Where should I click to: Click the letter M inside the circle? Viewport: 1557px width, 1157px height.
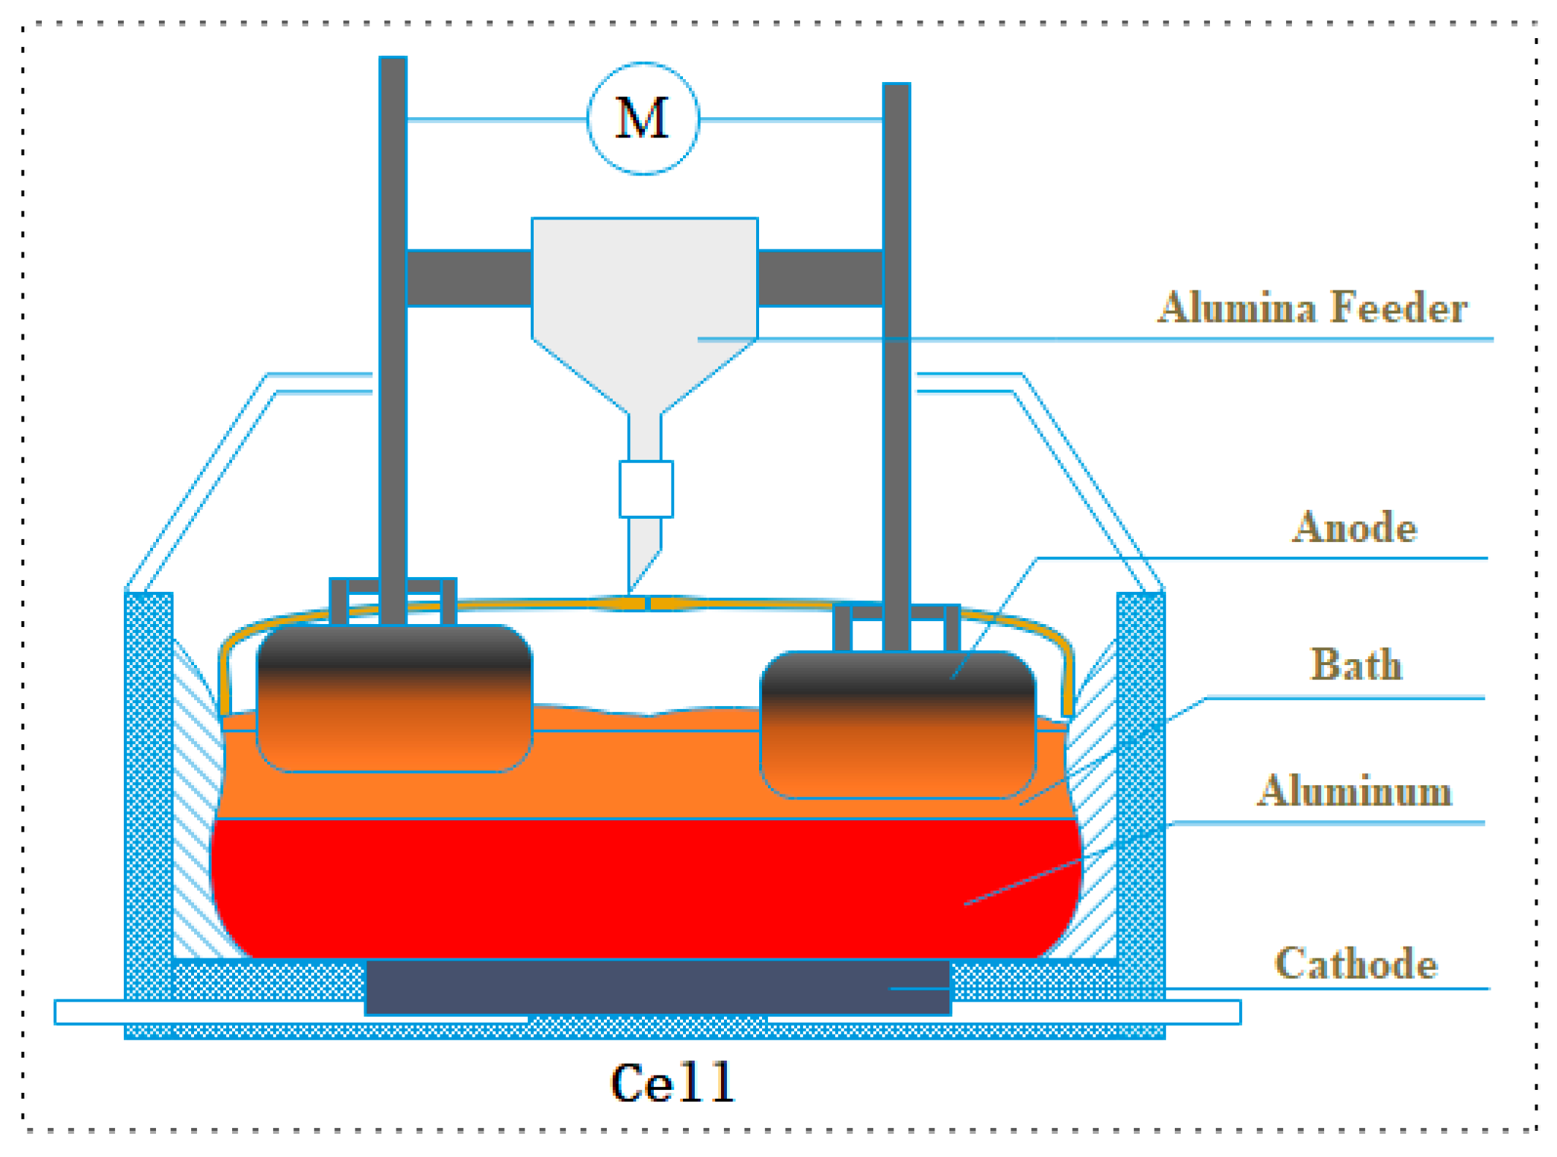point(642,119)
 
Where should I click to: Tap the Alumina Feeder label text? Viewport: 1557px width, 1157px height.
point(1311,308)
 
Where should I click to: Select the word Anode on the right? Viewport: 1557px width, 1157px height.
point(1354,527)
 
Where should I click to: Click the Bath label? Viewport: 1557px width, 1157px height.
point(1355,664)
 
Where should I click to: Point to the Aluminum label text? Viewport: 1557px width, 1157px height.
point(1354,790)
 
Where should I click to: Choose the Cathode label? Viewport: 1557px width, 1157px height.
point(1355,963)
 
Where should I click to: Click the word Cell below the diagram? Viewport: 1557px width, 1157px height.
point(673,1083)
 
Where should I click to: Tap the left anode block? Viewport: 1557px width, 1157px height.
point(393,698)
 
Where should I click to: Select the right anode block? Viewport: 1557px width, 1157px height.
point(897,724)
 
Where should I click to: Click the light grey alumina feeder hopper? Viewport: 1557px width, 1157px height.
point(644,299)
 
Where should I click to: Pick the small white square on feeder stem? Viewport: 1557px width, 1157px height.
point(646,489)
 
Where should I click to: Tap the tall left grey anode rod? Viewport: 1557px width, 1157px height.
point(393,336)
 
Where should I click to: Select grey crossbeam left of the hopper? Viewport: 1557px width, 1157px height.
point(469,278)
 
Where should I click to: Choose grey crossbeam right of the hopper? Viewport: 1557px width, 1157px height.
point(820,278)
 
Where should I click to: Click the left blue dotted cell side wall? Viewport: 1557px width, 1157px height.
point(149,791)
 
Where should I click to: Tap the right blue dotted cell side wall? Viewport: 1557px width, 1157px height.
point(1140,791)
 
